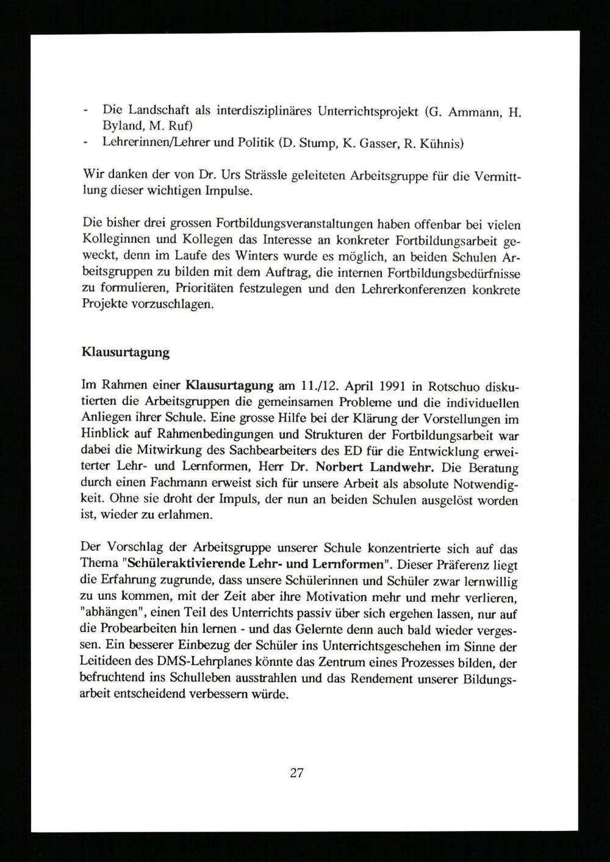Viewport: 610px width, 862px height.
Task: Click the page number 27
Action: [296, 773]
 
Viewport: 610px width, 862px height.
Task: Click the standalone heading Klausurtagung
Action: [125, 352]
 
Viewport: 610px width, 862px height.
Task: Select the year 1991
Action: [380, 386]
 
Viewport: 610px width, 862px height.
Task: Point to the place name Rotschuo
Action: [453, 386]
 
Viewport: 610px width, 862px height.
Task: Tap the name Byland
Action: [120, 127]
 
